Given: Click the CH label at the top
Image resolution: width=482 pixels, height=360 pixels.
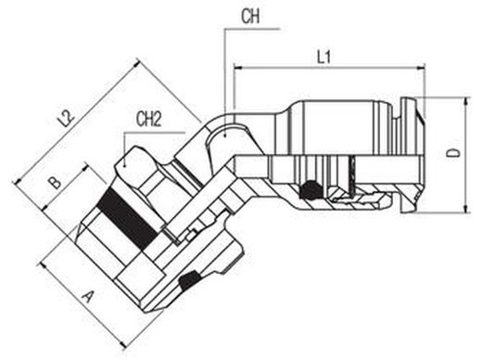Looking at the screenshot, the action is point(250,16).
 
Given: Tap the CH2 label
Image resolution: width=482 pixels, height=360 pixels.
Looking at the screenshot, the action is point(149,120).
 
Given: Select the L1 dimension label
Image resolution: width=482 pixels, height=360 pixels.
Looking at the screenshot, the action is point(324,57).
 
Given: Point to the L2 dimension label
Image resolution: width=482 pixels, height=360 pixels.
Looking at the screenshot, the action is point(67,119).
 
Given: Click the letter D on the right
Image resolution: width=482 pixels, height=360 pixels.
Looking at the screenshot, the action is point(454,153).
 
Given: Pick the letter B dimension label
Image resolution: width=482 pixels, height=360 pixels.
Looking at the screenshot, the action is point(56,183).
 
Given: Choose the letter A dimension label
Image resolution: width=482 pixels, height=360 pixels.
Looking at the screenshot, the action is point(88,297).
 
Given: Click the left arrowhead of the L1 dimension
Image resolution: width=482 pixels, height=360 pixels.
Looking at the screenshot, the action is point(237,67).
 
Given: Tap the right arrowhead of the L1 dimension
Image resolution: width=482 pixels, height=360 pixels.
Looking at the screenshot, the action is point(421,67).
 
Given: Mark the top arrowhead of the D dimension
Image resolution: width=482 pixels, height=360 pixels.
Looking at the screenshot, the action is point(466,101).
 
